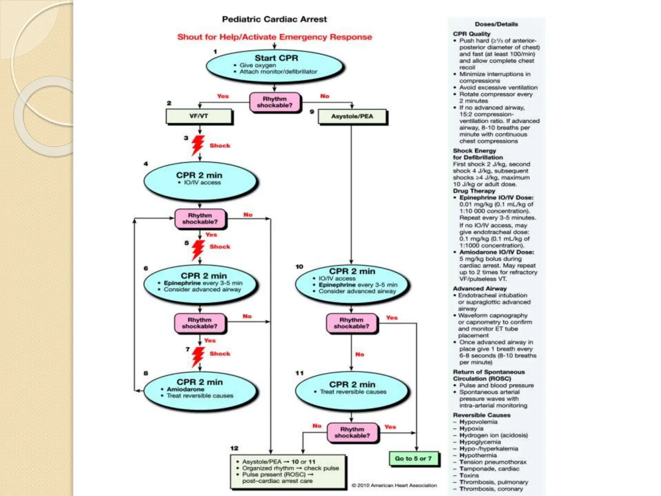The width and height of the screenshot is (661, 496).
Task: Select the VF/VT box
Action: (x=199, y=116)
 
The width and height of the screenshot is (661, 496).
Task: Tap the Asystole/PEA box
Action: (x=352, y=117)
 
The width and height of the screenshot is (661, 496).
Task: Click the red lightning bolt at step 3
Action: (x=198, y=145)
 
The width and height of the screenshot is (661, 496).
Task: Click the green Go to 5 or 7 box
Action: (x=413, y=459)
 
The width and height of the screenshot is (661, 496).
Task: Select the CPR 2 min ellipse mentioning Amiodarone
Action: (x=200, y=391)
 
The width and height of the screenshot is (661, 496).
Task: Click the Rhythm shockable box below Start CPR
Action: (x=275, y=102)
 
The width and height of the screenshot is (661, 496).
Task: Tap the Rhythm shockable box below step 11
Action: (x=352, y=432)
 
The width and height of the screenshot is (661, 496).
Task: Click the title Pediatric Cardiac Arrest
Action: (x=274, y=19)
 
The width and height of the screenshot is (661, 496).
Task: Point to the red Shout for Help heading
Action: (x=274, y=37)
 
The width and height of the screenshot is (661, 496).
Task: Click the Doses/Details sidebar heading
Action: (x=496, y=24)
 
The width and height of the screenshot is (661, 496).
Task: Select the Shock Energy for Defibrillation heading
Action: (x=478, y=154)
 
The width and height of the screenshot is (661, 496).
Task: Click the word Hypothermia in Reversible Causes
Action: (x=478, y=455)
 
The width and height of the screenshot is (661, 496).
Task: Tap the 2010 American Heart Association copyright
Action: (x=394, y=485)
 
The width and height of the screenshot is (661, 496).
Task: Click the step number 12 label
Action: (x=234, y=448)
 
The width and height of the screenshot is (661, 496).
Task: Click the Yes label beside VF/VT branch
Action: (x=223, y=96)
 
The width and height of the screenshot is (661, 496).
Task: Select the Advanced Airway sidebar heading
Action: (x=480, y=289)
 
